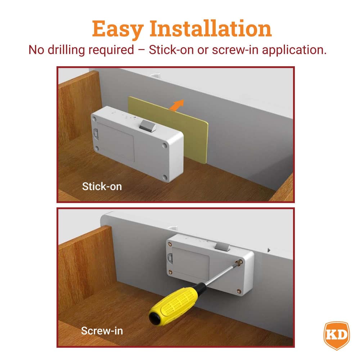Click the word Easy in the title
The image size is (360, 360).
click(118, 30)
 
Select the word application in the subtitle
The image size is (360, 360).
click(294, 50)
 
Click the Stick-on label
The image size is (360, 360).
click(102, 186)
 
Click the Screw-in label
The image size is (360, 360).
click(102, 331)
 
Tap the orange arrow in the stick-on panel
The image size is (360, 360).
click(177, 105)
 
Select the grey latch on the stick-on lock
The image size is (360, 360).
click(147, 126)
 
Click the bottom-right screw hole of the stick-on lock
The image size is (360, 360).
click(165, 177)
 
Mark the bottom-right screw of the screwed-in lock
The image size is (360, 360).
click(239, 291)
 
